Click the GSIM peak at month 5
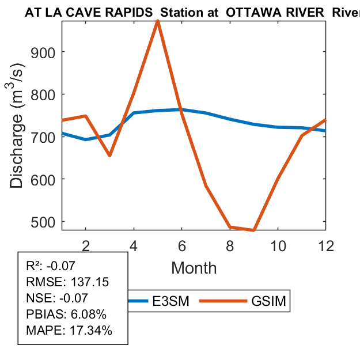158,21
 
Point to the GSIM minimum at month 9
254,230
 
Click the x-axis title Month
194,268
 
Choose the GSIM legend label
268,301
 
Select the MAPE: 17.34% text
69,331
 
